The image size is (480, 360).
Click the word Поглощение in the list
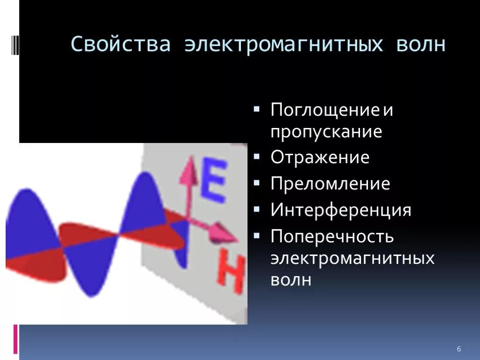324,111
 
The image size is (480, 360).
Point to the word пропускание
326,132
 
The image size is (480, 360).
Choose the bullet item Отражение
320,157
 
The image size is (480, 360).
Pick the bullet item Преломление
330,184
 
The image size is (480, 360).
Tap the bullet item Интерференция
341,210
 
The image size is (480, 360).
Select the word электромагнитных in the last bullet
352,258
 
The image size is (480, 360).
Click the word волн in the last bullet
291,280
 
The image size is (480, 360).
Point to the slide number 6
459,349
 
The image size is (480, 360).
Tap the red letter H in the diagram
231,272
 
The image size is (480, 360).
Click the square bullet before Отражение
256,157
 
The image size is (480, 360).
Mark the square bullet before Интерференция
256,210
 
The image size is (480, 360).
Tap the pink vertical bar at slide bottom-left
15,339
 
